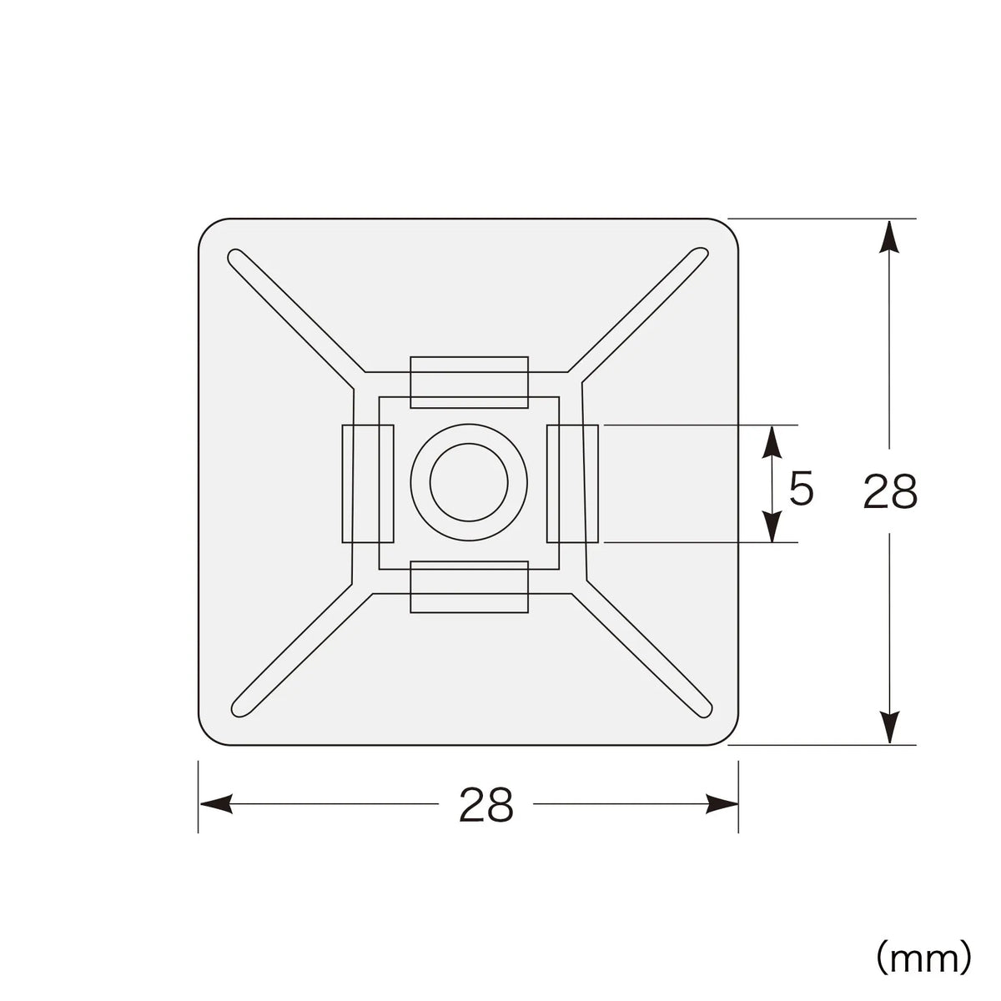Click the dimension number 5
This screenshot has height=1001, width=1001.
tap(800, 489)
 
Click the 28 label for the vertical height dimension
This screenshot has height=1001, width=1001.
tap(890, 490)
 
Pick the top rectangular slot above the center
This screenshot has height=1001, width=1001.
tap(469, 382)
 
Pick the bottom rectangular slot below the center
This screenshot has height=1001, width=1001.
tap(469, 587)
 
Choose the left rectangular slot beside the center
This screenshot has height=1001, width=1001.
tap(368, 484)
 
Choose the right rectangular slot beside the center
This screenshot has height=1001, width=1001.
tap(572, 484)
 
